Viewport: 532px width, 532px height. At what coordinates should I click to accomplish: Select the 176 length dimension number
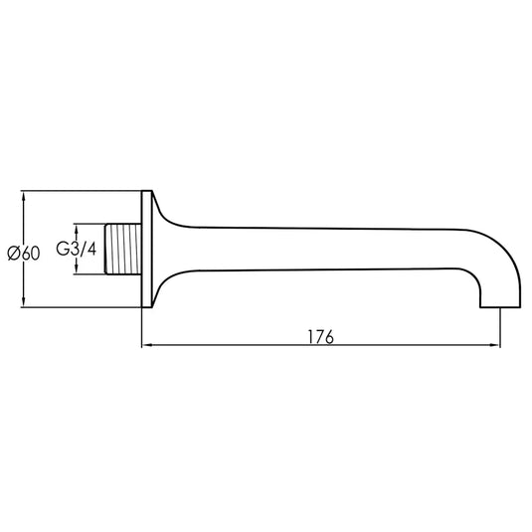coord(320,336)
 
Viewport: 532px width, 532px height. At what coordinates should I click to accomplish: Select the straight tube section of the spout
coord(328,250)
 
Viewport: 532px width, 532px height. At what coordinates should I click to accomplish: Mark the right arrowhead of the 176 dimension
coord(494,347)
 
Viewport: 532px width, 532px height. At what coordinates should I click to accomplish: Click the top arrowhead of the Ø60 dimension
coord(24,196)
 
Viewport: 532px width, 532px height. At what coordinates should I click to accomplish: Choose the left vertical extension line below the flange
coord(143,328)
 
